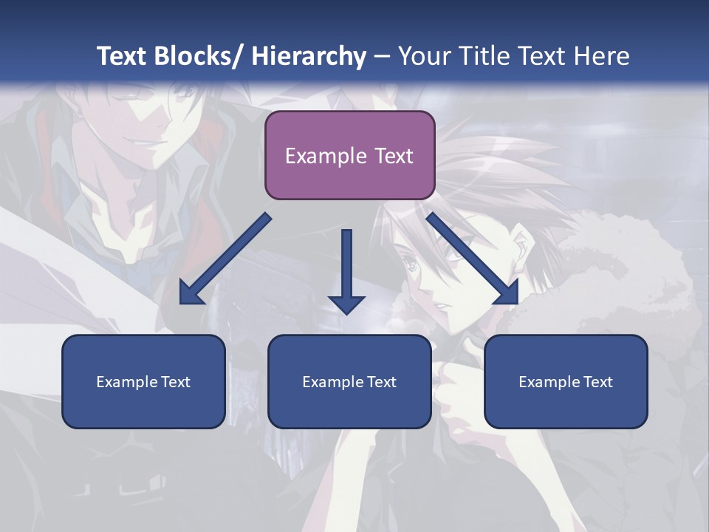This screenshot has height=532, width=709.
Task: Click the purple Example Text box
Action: point(349,155)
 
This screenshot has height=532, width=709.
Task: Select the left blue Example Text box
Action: point(143,381)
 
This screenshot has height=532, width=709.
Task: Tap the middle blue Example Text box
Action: point(349,381)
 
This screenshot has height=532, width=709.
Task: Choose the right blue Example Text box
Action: point(566,381)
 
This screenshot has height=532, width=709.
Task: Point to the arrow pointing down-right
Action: point(473,259)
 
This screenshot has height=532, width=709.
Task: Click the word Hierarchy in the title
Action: point(309,56)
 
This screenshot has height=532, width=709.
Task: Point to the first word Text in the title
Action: point(123,56)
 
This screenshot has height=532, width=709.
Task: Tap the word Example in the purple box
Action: point(326,156)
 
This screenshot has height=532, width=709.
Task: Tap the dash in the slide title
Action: point(382,57)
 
